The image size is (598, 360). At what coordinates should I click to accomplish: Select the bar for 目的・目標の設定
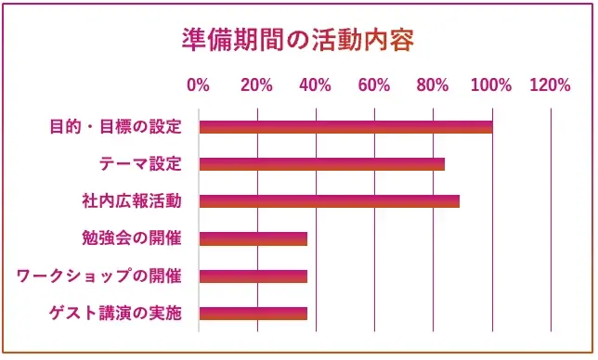[x=345, y=127]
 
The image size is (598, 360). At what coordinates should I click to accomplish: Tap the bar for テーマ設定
[x=321, y=164]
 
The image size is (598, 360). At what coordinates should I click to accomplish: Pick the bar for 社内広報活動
[x=329, y=201]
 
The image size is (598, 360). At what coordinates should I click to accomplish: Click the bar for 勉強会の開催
[x=253, y=238]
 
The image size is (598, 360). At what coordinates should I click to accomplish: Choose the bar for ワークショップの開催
[x=253, y=276]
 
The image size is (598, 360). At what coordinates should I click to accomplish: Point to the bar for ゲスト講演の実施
[x=253, y=313]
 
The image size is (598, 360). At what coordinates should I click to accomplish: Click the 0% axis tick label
[x=198, y=86]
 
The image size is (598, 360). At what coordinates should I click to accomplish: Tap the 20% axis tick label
[x=256, y=86]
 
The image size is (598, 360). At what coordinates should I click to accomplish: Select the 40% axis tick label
[x=315, y=86]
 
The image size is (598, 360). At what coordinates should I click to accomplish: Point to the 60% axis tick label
[x=374, y=86]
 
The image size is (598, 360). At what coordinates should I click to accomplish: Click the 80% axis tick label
[x=433, y=86]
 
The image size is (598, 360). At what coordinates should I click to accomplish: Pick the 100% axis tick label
[x=491, y=86]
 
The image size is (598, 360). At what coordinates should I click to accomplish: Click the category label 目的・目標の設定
[x=115, y=127]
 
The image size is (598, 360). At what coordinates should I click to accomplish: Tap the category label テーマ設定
[x=140, y=164]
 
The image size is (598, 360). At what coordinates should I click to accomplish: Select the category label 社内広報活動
[x=132, y=201]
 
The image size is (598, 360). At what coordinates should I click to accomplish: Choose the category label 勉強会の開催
[x=132, y=238]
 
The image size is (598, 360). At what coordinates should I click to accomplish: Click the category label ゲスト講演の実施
[x=115, y=313]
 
